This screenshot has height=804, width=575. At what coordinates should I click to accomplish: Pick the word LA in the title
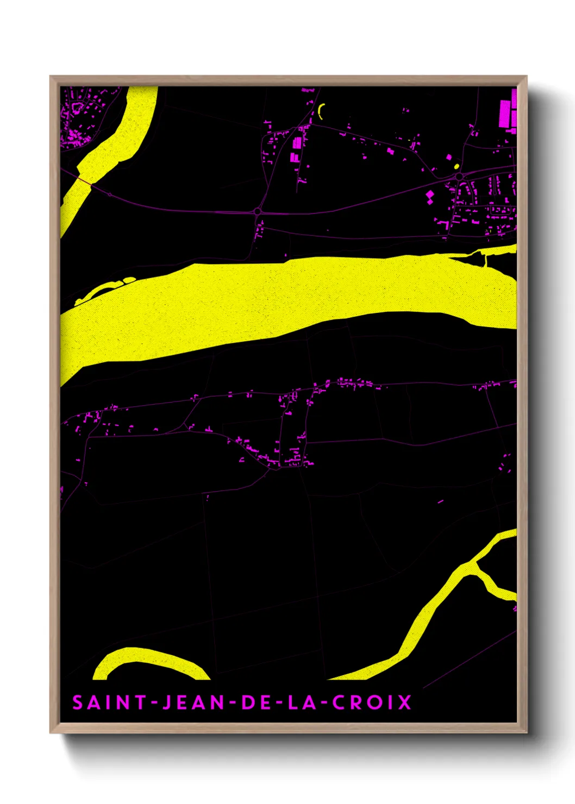click(301, 702)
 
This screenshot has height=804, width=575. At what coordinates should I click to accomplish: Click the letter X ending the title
click(404, 702)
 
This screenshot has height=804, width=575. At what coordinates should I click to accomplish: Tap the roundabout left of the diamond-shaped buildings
click(258, 211)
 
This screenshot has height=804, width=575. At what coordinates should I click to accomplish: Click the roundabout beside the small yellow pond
click(459, 176)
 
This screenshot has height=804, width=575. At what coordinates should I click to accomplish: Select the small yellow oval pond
click(456, 166)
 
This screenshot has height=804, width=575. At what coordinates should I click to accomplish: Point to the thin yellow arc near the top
click(320, 111)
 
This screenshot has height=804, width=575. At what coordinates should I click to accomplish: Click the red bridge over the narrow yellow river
click(84, 180)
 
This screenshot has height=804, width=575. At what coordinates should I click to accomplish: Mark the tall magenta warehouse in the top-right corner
click(505, 114)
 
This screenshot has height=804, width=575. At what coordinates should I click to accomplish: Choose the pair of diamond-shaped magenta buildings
click(430, 197)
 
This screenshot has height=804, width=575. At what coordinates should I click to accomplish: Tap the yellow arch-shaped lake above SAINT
click(149, 660)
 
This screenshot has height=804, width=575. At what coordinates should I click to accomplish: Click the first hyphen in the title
click(154, 703)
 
